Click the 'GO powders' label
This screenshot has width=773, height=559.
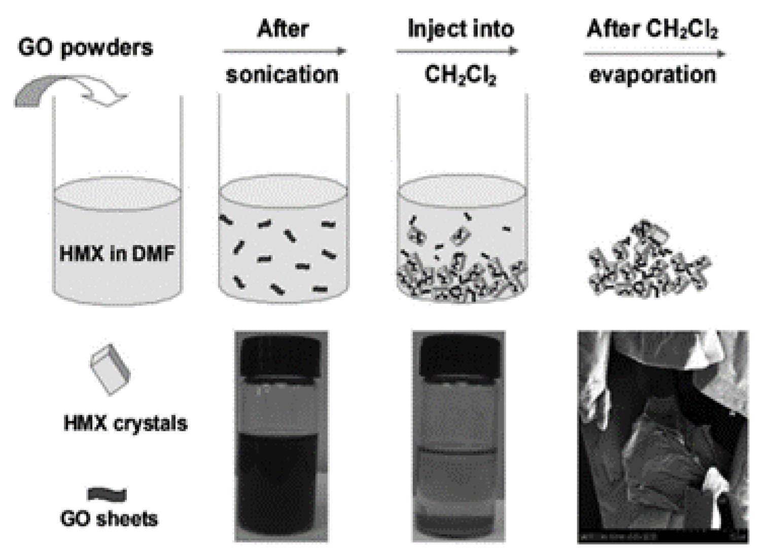pos(85,48)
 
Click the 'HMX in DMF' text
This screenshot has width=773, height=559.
pos(117,253)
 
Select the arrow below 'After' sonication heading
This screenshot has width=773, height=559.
pos(284,51)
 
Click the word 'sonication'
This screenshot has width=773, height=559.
pos(282,75)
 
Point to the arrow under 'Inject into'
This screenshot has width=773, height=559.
pos(457,51)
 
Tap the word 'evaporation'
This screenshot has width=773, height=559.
pos(652,75)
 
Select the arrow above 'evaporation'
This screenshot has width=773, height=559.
pos(654,53)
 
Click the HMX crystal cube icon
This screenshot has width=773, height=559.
pos(110,369)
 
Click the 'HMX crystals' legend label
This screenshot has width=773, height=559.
pos(125,423)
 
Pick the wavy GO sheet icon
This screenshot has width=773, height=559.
pos(107,494)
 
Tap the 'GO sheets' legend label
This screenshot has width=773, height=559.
pos(109,519)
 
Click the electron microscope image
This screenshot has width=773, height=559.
pos(663,437)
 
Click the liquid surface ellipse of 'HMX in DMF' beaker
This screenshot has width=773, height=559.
pos(117,193)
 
